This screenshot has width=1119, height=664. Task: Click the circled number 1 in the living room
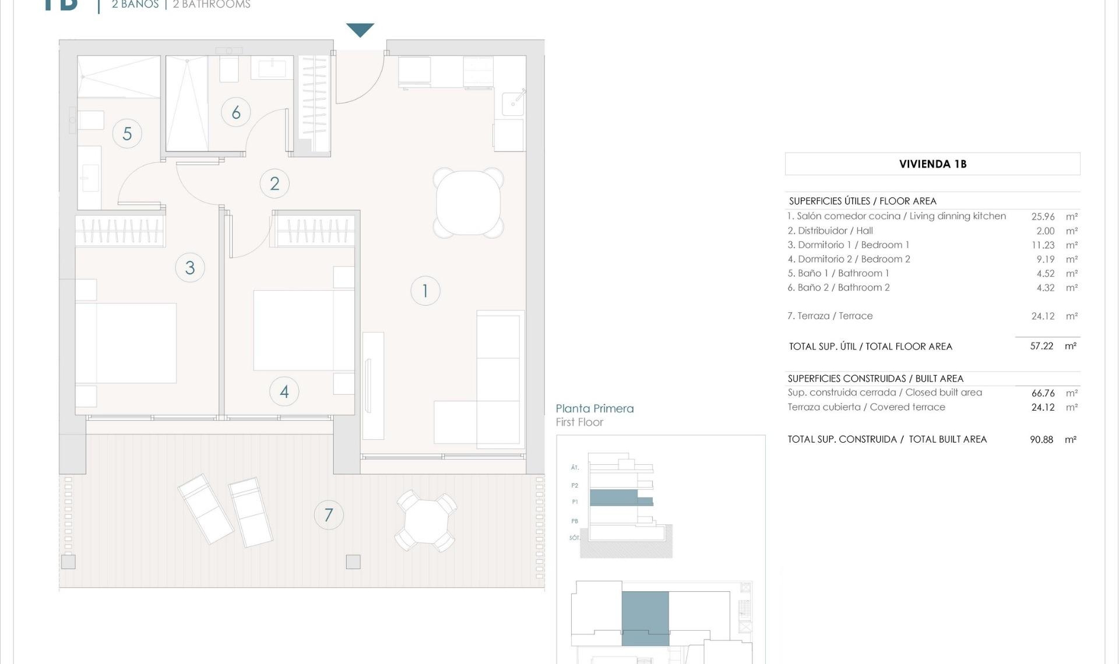tap(425, 291)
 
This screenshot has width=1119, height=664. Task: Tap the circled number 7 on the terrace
tap(329, 515)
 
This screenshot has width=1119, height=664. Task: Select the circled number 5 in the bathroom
tap(127, 134)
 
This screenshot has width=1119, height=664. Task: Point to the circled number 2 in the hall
tap(275, 183)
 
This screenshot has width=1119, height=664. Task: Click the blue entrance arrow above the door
tap(360, 30)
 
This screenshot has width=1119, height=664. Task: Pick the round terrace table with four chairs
tap(426, 521)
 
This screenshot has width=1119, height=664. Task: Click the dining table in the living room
tap(469, 203)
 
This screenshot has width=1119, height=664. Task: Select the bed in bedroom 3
tap(126, 343)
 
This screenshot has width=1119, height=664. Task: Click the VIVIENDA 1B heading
tap(932, 164)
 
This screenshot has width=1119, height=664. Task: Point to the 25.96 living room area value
tap(1043, 217)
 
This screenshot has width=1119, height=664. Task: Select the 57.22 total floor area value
tap(1041, 346)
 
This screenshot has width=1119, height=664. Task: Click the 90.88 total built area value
tap(1041, 440)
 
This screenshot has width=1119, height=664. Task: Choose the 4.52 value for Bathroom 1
tap(1045, 273)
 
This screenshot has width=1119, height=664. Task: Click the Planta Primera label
tap(594, 409)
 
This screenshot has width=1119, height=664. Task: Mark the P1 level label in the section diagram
tap(575, 502)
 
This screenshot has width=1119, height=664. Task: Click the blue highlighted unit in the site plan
tap(645, 617)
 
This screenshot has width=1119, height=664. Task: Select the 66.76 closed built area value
tap(1043, 393)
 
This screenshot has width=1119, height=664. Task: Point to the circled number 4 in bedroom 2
tap(284, 391)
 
